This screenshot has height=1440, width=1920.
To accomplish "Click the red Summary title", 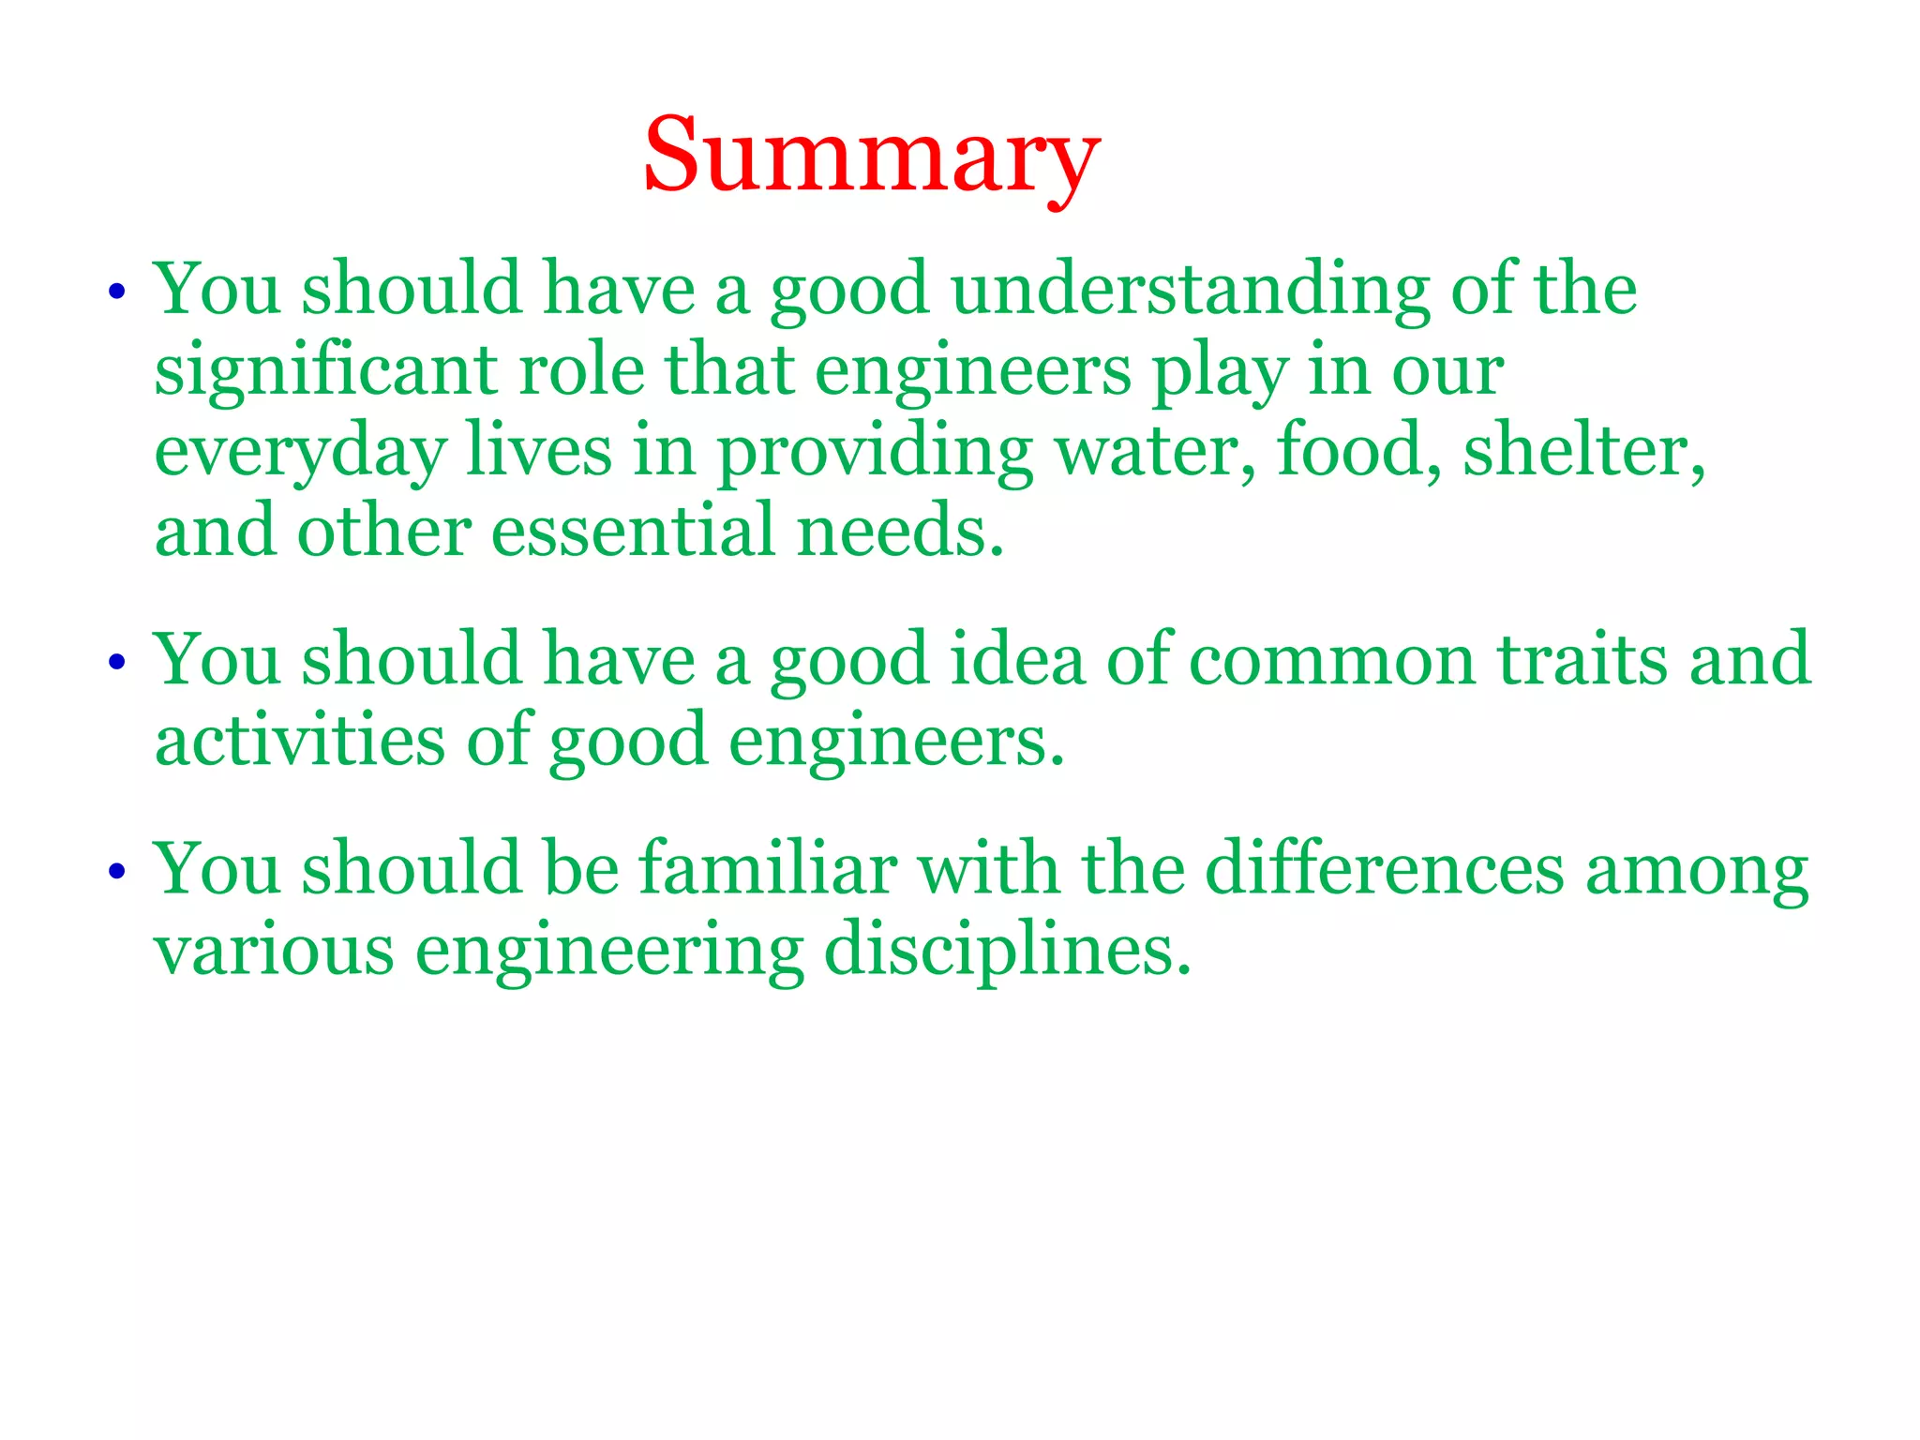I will [x=871, y=156].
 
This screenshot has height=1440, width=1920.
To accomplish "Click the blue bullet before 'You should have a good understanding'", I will [x=116, y=292].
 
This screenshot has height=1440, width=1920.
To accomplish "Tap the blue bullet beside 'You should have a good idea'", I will [x=116, y=663].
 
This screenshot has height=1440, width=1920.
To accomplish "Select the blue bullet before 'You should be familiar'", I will [x=116, y=872].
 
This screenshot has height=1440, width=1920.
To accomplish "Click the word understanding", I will [x=1190, y=291].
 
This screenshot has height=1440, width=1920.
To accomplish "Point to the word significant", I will [x=325, y=371].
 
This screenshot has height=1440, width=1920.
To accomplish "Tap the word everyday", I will [x=300, y=453].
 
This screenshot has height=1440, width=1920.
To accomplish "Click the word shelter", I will [x=1584, y=451].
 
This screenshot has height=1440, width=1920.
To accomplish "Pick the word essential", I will [x=634, y=532].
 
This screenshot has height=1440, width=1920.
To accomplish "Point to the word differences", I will [x=1384, y=869].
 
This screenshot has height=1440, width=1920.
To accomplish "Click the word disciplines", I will [x=1007, y=951].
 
